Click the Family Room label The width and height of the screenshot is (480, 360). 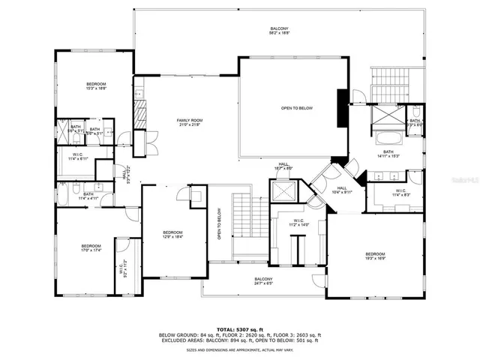pyautogui.click(x=190, y=122)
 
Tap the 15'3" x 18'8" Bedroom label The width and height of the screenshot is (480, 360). pyautogui.click(x=96, y=85)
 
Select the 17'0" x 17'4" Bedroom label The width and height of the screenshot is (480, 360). pyautogui.click(x=91, y=248)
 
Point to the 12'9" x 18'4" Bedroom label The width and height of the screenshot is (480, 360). pyautogui.click(x=173, y=235)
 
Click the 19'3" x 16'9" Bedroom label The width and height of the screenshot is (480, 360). pyautogui.click(x=375, y=256)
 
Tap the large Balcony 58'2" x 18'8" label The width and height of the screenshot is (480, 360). pyautogui.click(x=279, y=31)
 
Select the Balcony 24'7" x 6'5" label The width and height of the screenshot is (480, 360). pyautogui.click(x=263, y=281)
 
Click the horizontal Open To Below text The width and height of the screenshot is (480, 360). pyautogui.click(x=296, y=109)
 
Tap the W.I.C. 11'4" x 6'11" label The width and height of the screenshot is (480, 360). pyautogui.click(x=78, y=157)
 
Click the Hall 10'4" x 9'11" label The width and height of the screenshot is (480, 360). pyautogui.click(x=341, y=190)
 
